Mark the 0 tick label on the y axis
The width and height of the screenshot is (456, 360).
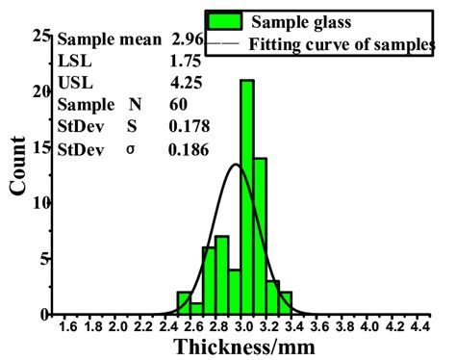(43, 315)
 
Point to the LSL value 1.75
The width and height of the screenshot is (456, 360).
(185, 61)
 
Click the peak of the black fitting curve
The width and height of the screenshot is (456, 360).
(236, 164)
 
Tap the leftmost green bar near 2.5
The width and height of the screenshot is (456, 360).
(184, 303)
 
